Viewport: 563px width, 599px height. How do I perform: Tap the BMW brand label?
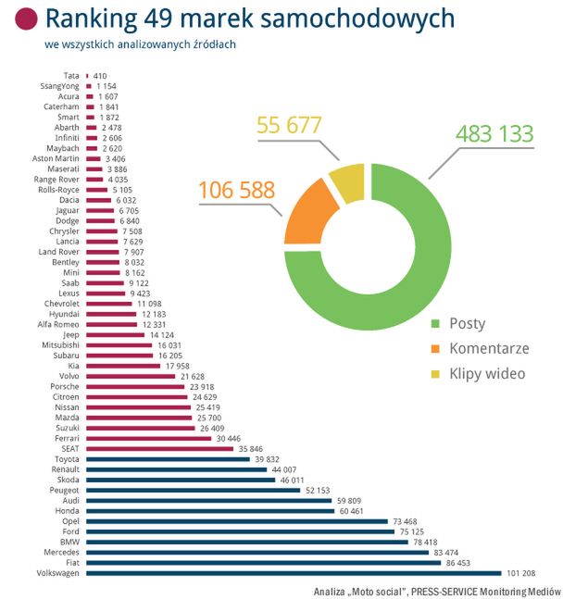[69, 542]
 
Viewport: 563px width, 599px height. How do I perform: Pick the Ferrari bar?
[147, 438]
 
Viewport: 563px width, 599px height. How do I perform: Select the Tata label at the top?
[70, 75]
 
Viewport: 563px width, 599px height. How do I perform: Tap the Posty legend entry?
[457, 324]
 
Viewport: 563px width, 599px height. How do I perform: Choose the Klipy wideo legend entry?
[477, 374]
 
